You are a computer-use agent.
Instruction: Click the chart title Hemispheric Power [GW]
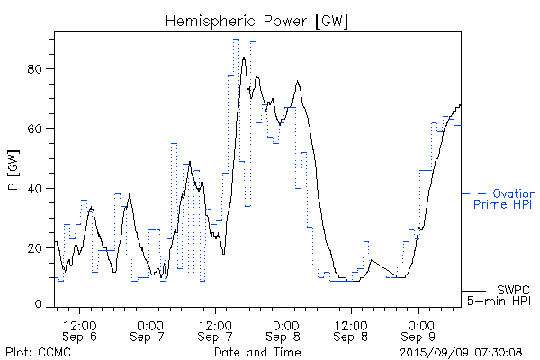pyautogui.click(x=257, y=20)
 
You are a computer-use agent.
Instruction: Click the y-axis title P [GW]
pyautogui.click(x=13, y=171)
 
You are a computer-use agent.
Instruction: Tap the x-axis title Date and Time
pyautogui.click(x=256, y=351)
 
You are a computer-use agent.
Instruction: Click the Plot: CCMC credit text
pyautogui.click(x=38, y=351)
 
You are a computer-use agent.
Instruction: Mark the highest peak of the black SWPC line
pyautogui.click(x=244, y=58)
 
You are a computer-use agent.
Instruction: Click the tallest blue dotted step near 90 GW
pyautogui.click(x=236, y=39)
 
